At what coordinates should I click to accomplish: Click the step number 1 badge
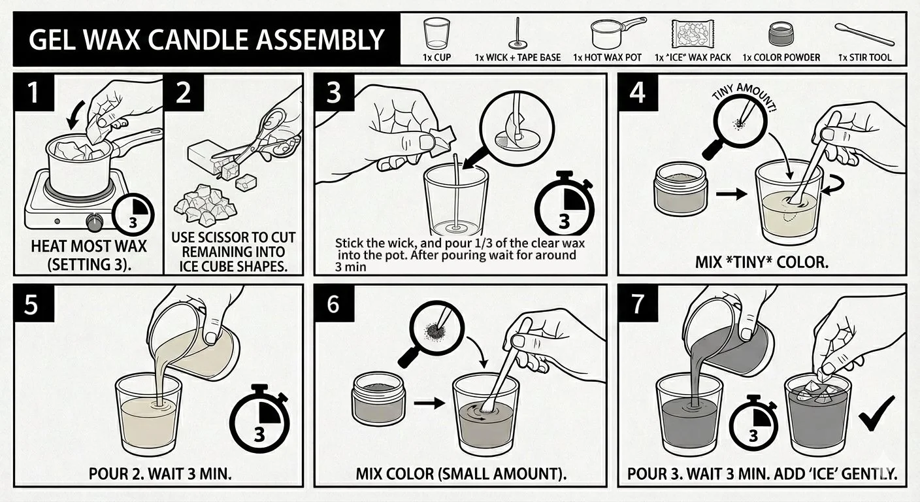click(x=34, y=92)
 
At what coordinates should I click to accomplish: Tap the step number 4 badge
click(x=638, y=92)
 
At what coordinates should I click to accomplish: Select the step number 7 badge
click(x=638, y=303)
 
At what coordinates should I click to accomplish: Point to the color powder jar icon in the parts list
click(x=781, y=34)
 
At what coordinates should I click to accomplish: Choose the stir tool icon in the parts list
click(x=864, y=35)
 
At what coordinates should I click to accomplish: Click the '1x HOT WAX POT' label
click(x=607, y=58)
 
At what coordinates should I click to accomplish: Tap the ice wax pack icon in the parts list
click(x=693, y=33)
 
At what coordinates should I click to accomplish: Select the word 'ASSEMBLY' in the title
click(x=318, y=40)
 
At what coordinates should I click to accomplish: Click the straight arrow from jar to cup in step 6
click(x=429, y=403)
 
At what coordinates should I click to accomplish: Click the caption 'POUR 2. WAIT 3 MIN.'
click(x=160, y=474)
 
